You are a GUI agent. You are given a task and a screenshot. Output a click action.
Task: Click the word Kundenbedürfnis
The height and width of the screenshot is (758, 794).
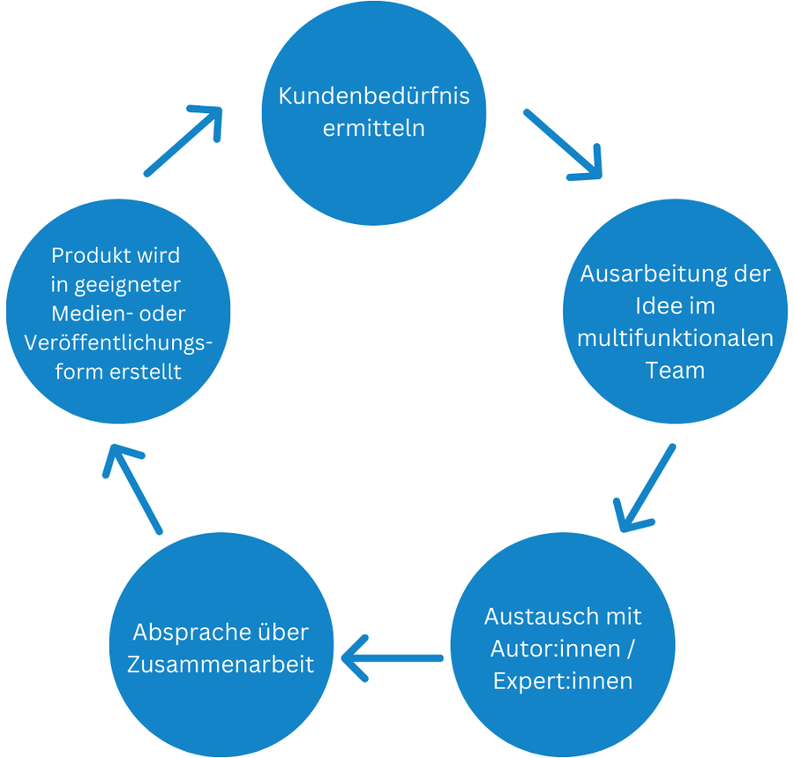pyautogui.click(x=374, y=95)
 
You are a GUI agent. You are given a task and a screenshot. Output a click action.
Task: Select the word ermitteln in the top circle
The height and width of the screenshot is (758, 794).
pyautogui.click(x=374, y=128)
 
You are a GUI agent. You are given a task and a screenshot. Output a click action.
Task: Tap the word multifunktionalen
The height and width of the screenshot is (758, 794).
pyautogui.click(x=675, y=338)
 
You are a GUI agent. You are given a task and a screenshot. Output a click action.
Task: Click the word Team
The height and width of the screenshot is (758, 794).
pyautogui.click(x=675, y=371)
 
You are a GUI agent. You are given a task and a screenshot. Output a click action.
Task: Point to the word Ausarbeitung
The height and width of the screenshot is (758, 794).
pyautogui.click(x=649, y=274)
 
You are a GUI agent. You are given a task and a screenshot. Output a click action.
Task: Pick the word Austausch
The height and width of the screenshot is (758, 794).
pyautogui.click(x=536, y=615)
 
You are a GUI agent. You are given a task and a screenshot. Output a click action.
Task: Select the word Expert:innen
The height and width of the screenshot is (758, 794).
pyautogui.click(x=563, y=680)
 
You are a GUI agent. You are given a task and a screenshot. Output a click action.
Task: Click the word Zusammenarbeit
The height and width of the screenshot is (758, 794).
pyautogui.click(x=221, y=664)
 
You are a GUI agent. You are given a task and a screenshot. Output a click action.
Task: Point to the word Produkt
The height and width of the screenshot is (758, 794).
pyautogui.click(x=91, y=256)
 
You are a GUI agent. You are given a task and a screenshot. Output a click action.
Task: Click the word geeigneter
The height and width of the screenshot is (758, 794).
pyautogui.click(x=128, y=285)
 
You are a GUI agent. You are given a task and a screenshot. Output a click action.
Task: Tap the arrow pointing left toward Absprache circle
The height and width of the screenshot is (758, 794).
pyautogui.click(x=393, y=657)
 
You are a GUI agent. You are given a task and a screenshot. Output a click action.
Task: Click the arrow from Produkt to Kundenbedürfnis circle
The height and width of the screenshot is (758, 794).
pyautogui.click(x=183, y=141)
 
